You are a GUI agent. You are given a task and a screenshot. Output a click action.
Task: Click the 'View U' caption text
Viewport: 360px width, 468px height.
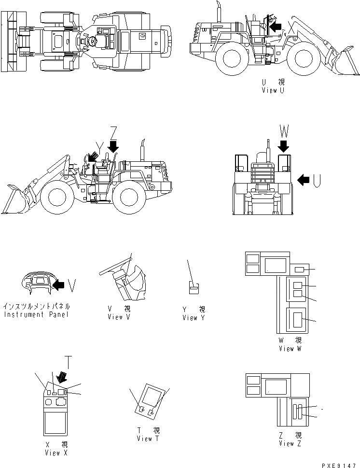[273, 90]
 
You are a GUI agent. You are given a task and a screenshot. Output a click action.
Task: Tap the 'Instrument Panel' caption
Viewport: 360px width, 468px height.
[37, 314]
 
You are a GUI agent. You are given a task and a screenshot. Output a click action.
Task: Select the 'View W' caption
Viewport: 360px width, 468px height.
[290, 348]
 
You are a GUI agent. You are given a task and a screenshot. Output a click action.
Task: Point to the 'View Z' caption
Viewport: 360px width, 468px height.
[290, 443]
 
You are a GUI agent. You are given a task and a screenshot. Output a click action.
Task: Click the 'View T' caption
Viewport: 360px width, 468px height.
[148, 438]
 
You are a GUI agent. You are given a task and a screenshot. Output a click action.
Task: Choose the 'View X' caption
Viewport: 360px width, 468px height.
[56, 453]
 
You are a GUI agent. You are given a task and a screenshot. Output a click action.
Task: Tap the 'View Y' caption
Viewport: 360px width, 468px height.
[194, 317]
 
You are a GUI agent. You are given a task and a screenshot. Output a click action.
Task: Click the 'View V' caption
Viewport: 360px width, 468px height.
[119, 317]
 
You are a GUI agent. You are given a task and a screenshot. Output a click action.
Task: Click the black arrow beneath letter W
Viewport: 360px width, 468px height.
[283, 145]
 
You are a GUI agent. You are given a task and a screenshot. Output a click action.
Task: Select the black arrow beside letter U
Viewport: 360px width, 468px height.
[304, 180]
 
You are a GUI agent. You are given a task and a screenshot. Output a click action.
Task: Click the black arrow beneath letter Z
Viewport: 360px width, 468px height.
[113, 145]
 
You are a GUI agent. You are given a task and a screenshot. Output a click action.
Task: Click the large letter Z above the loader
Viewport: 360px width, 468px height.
[113, 131]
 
